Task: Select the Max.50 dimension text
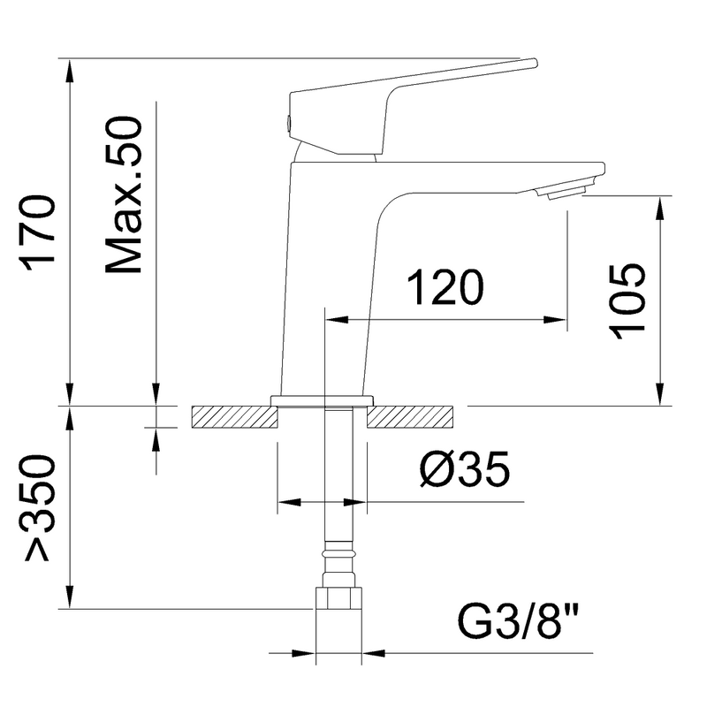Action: [x=123, y=195]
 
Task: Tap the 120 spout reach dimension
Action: [x=445, y=288]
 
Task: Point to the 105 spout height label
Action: [x=627, y=301]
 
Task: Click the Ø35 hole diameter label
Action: [x=465, y=469]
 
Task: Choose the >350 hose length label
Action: [x=40, y=508]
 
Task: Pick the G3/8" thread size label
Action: [x=518, y=623]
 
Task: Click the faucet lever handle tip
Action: [x=534, y=63]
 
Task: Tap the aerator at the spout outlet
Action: [x=565, y=193]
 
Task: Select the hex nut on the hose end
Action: [x=338, y=598]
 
